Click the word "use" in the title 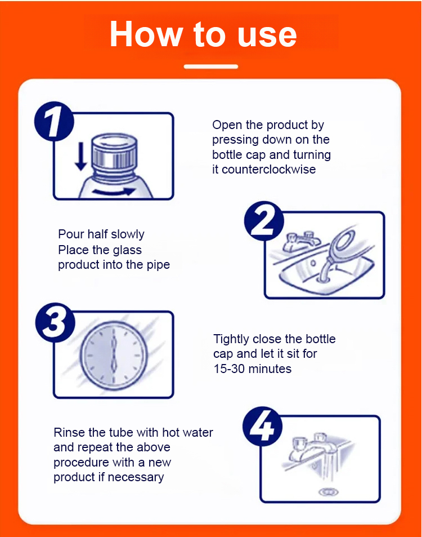pyautogui.click(x=267, y=35)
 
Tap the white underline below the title pyautogui.click(x=210, y=66)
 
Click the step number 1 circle pyautogui.click(x=54, y=121)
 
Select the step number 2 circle pyautogui.click(x=264, y=221)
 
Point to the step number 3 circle pyautogui.click(x=55, y=322)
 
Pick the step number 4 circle pyautogui.click(x=263, y=427)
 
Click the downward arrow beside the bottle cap pyautogui.click(x=81, y=157)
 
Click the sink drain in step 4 pyautogui.click(x=328, y=492)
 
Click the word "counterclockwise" pyautogui.click(x=264, y=170)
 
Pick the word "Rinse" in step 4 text pyautogui.click(x=69, y=433)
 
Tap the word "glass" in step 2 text pyautogui.click(x=127, y=250)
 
